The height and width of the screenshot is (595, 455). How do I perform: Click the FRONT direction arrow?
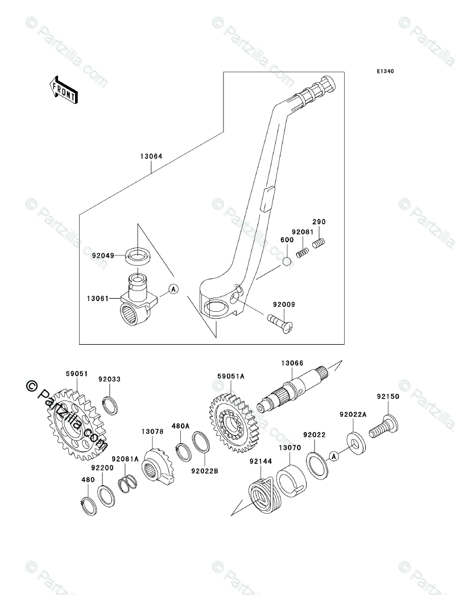pos(63,90)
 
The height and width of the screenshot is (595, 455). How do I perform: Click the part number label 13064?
pos(151,156)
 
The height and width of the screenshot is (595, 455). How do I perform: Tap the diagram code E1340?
pos(385,71)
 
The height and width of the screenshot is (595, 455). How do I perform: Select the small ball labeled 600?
pos(287,262)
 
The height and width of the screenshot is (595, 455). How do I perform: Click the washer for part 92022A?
pos(355,442)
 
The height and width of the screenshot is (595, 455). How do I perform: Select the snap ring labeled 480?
pos(90,505)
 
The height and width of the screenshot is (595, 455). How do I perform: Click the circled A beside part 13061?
pos(173,289)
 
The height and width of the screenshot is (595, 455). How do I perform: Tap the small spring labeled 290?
pos(320,242)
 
